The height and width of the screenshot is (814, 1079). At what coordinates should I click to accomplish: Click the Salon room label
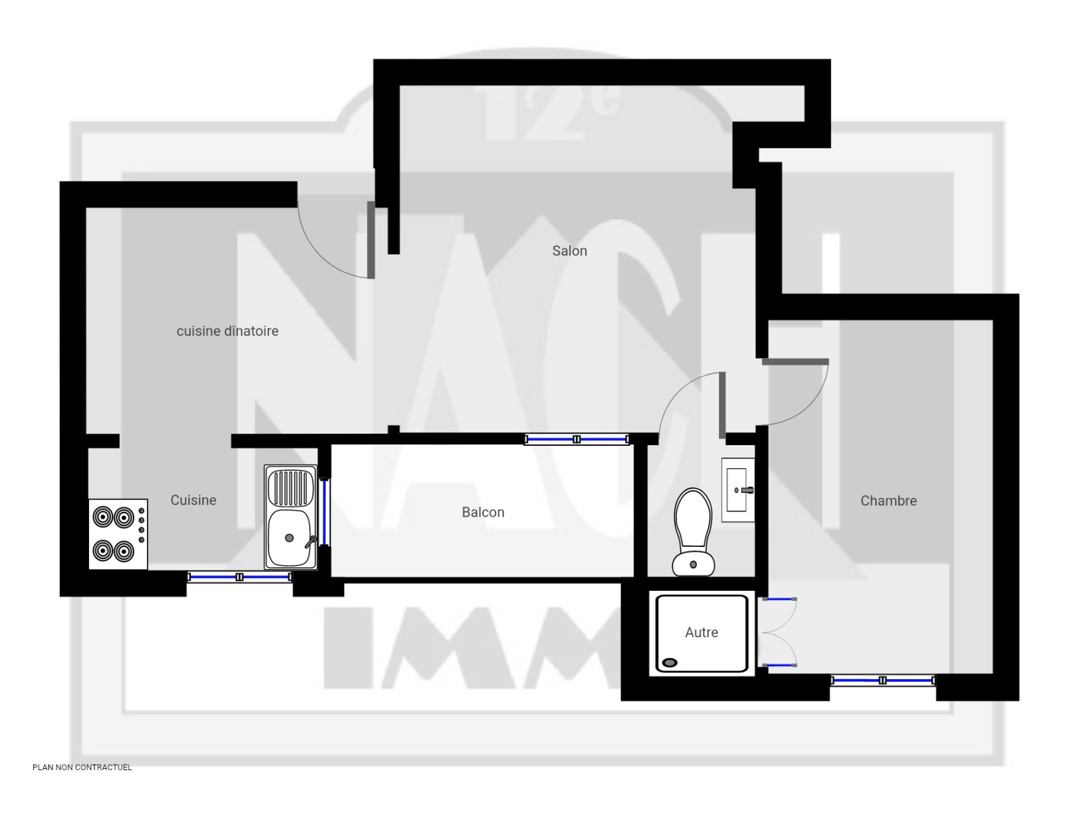click(x=569, y=251)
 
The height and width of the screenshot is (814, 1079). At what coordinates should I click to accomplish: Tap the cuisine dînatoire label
click(x=227, y=331)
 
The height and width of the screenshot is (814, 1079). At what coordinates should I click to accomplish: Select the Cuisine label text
click(x=193, y=500)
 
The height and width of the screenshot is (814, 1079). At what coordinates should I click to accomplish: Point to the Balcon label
click(x=483, y=513)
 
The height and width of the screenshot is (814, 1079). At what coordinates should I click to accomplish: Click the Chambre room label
click(x=888, y=501)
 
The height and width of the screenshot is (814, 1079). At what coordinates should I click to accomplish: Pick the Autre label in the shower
click(x=701, y=633)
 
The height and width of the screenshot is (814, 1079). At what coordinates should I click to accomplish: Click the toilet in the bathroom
click(x=693, y=532)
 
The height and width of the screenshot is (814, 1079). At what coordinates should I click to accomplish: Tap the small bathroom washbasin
click(x=737, y=490)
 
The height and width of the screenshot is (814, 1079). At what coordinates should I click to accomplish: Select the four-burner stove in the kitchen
click(x=118, y=534)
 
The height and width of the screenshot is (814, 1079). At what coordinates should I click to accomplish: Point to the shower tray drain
click(x=670, y=663)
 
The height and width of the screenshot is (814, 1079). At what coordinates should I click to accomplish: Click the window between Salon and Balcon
click(x=576, y=439)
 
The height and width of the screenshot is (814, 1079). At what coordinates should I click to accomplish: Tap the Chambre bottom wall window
click(x=882, y=680)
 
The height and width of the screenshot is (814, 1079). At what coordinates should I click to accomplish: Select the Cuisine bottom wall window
click(x=239, y=577)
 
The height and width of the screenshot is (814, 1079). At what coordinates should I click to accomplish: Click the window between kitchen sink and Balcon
click(x=324, y=512)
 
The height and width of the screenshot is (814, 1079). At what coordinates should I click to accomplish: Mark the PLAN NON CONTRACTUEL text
click(x=82, y=767)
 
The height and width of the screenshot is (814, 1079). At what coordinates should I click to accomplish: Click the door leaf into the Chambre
click(x=795, y=361)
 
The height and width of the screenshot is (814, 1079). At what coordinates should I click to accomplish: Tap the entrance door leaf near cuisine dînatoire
click(x=371, y=240)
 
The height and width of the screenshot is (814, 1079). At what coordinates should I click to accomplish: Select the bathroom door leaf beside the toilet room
click(x=722, y=405)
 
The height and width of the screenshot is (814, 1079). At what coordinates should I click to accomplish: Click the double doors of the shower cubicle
click(x=779, y=633)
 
